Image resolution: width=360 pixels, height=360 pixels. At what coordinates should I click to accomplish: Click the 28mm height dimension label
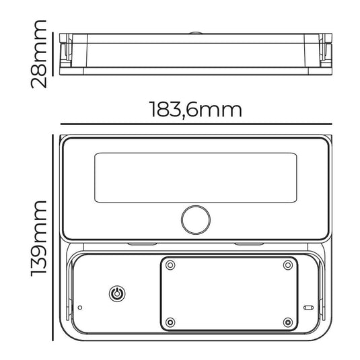[39, 55]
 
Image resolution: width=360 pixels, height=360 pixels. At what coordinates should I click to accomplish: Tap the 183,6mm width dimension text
[196, 110]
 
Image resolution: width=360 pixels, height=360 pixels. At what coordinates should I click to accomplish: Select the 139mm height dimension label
[39, 239]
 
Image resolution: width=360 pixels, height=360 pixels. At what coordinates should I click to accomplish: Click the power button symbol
[117, 293]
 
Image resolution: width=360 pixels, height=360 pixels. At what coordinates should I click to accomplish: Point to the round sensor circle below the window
[196, 220]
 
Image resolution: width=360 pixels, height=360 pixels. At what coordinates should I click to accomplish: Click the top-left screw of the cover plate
[170, 265]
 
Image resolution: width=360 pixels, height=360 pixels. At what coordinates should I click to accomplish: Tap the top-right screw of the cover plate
[288, 265]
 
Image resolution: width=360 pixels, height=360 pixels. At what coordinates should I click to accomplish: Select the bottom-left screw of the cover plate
[170, 322]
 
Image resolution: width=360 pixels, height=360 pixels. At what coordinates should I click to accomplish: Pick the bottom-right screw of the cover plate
[288, 322]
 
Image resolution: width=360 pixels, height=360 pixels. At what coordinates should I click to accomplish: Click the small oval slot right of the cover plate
[308, 308]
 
